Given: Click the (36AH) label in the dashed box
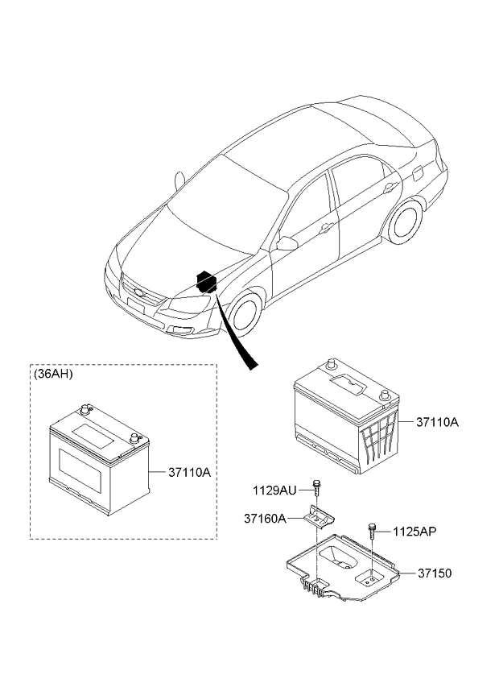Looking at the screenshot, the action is pos(53,374).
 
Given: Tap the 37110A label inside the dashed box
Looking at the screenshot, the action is pos(189,472).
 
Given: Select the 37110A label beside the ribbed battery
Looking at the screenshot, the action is pos(437,422).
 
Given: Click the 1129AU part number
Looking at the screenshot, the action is pos(274,491).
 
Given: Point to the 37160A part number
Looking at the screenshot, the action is pos(265,519).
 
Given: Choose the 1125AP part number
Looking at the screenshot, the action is pos(414,532).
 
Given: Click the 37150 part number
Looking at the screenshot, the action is pos(435,573).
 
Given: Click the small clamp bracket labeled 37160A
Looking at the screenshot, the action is pos(320,517).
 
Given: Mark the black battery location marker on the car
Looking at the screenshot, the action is pos(207,281).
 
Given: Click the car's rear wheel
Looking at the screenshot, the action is pos(405,221).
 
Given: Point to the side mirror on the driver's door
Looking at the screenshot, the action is pos(286,243).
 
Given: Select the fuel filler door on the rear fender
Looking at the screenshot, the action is pos(417,172).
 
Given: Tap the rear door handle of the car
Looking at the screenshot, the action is pos(389,188).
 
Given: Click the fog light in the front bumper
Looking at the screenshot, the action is pos(182,329).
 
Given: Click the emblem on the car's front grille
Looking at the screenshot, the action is pos(139,292).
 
